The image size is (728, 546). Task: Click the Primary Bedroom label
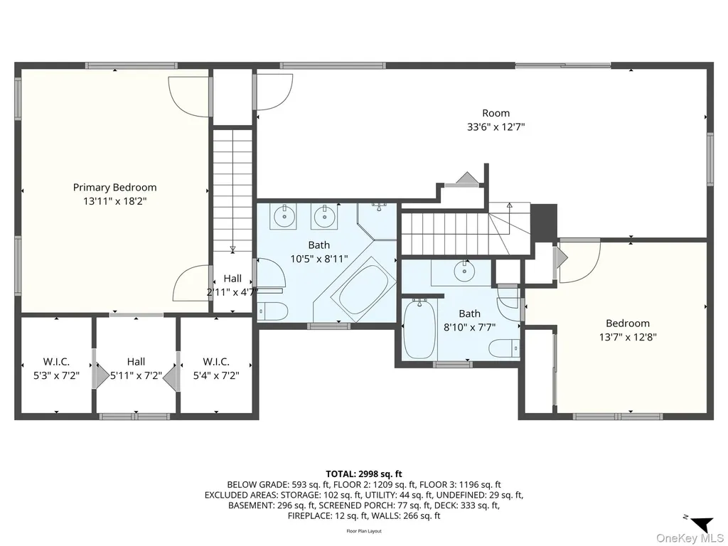point(114,187)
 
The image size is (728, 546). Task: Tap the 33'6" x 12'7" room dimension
point(496,127)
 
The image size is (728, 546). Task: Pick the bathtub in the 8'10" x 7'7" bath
point(419,328)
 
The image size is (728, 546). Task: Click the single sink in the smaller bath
point(464,272)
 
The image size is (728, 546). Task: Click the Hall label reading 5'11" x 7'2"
point(136,368)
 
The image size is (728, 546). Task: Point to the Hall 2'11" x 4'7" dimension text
point(232,292)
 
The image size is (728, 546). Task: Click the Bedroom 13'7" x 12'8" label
point(628,330)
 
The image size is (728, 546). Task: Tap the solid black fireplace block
point(543,222)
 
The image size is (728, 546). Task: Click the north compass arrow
point(702,524)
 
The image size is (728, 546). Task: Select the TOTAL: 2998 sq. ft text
point(364,474)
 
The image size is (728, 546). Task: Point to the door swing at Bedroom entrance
point(579,262)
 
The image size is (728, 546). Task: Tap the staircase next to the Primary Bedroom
point(232,191)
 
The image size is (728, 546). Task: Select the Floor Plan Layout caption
point(364,531)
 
